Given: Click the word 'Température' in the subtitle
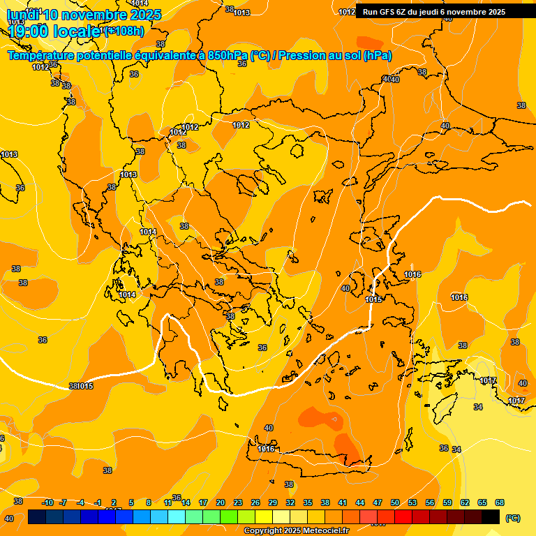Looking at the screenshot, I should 40,56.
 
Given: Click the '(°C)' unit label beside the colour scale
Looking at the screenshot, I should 512,517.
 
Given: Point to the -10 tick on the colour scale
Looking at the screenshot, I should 47,502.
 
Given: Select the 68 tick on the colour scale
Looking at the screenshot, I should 500,502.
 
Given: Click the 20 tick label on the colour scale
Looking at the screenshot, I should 221,502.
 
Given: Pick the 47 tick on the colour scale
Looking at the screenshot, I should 378,502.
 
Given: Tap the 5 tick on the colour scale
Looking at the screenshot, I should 131,502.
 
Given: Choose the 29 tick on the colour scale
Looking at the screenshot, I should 273,502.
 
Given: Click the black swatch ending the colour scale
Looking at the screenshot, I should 491,516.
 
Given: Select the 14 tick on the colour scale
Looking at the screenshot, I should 186,502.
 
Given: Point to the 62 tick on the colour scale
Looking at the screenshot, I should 465,502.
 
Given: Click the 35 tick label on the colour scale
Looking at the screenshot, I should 308,502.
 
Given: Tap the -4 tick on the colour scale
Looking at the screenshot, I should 80,502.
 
